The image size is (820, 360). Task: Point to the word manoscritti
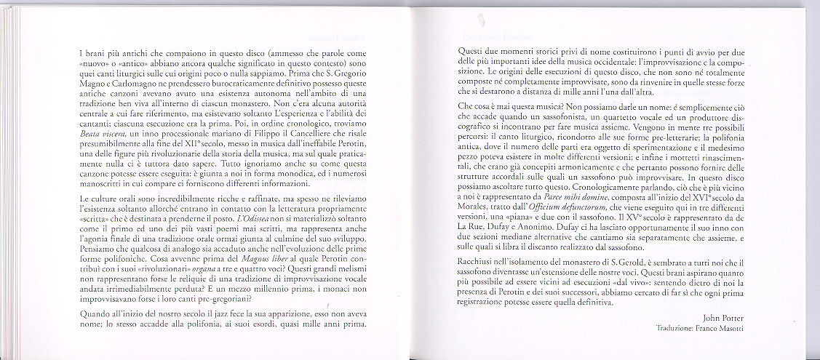click(x=102, y=206)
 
